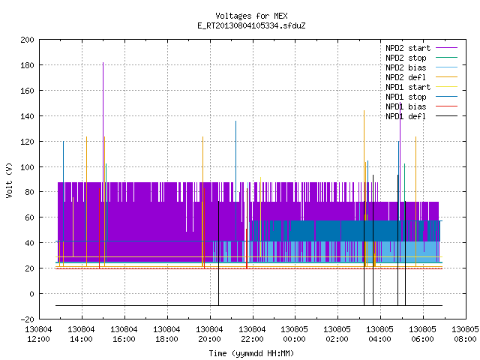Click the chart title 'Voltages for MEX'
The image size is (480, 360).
251,16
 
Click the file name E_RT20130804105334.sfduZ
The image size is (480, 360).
251,25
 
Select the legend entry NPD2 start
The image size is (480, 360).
421,48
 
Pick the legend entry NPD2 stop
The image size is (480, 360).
421,58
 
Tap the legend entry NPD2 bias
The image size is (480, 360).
421,67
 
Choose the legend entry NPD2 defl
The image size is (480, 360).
421,77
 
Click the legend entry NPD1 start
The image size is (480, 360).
421,87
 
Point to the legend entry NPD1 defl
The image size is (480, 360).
421,116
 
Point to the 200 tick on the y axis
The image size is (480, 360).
27,40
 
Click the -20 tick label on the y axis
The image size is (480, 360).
27,319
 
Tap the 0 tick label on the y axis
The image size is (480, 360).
31,294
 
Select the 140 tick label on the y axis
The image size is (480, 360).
27,116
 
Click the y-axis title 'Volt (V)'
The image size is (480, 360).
10,180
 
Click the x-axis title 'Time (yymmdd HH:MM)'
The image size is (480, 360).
251,353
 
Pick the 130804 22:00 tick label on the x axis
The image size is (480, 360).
252,334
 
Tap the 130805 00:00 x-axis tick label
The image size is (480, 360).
295,334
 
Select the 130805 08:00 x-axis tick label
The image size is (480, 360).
465,334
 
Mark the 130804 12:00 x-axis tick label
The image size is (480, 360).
38,334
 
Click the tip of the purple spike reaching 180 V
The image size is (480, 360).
103,62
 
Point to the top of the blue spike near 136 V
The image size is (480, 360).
235,121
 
